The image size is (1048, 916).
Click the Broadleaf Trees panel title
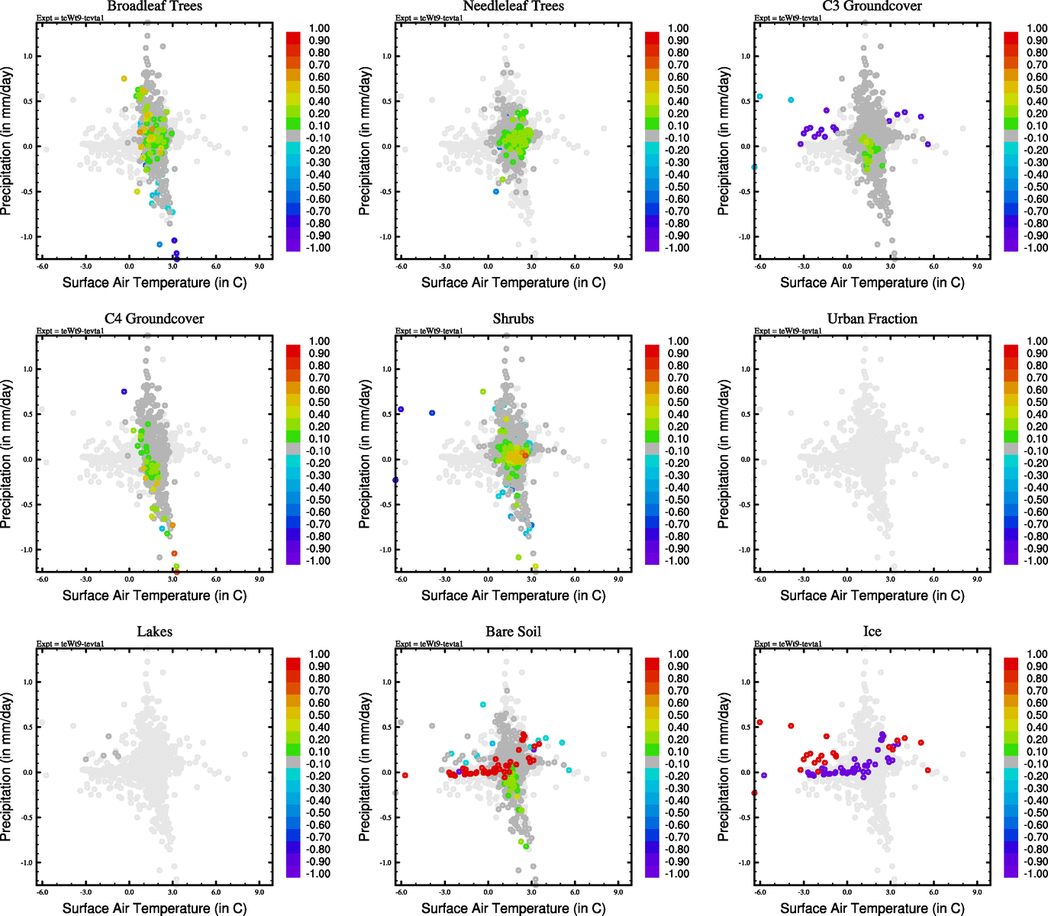click(154, 6)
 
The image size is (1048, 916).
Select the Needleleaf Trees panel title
click(513, 6)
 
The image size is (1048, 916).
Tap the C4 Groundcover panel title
click(154, 319)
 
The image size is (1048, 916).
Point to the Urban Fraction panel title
click(872, 319)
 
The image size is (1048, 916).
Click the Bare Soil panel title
click(513, 632)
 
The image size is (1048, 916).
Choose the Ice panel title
click(872, 632)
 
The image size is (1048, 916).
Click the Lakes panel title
click(154, 632)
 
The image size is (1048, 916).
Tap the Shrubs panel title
click(513, 319)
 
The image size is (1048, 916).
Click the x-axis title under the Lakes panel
click(154, 908)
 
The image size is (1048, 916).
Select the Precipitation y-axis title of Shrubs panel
click(365, 454)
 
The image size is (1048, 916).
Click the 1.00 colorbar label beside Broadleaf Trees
click(319, 28)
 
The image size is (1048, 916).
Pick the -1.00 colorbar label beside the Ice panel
click(1035, 873)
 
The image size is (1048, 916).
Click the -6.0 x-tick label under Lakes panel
click(43, 892)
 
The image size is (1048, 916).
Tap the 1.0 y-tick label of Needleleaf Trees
click(386, 56)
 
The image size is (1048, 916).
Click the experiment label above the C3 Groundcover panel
click(788, 18)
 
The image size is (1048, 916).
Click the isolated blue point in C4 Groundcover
click(124, 392)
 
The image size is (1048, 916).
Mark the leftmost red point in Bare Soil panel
click(405, 776)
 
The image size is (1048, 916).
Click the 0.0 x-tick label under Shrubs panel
click(489, 579)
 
